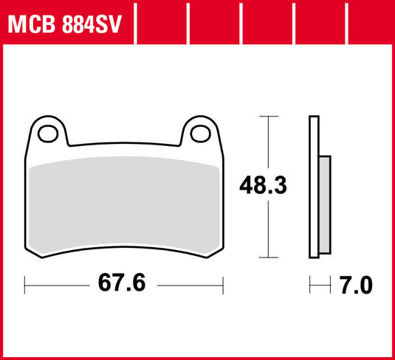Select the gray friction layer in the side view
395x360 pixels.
point(325,203)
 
